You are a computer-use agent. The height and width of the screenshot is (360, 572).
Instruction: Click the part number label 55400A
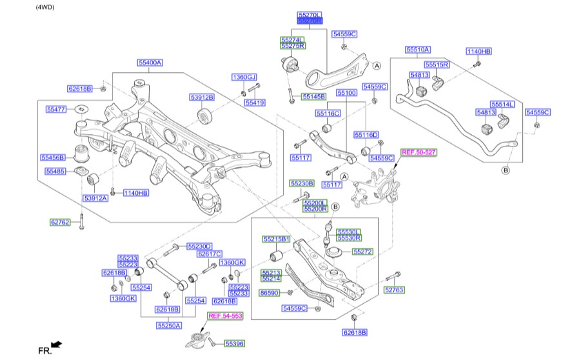[149, 63]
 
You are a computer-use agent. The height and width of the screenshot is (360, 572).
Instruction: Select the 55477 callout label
[56, 110]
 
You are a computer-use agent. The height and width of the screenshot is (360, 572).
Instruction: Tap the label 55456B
[52, 157]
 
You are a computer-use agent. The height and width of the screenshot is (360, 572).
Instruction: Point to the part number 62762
[61, 223]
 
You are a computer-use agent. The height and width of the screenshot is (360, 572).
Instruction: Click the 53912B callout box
[202, 97]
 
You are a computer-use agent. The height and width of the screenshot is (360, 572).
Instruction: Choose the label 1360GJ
[244, 77]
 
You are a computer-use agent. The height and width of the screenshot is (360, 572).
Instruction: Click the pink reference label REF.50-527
[419, 152]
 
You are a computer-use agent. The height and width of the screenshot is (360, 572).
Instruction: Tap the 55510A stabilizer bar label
[417, 49]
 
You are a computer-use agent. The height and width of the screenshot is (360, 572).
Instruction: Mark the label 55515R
[437, 65]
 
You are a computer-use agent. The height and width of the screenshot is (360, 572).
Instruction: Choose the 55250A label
[168, 325]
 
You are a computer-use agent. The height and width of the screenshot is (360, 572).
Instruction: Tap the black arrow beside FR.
[57, 345]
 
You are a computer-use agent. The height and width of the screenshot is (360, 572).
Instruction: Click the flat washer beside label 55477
[82, 109]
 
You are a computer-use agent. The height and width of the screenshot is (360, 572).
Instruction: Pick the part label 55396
[235, 345]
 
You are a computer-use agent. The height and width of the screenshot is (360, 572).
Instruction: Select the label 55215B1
[276, 239]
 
